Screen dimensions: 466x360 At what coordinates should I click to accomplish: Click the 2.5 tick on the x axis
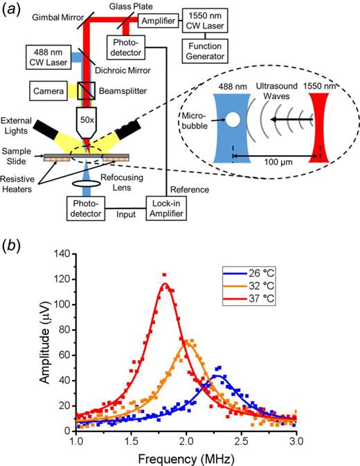pyautogui.click(x=241, y=440)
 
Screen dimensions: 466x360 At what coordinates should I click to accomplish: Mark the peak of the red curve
pyautogui.click(x=165, y=283)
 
